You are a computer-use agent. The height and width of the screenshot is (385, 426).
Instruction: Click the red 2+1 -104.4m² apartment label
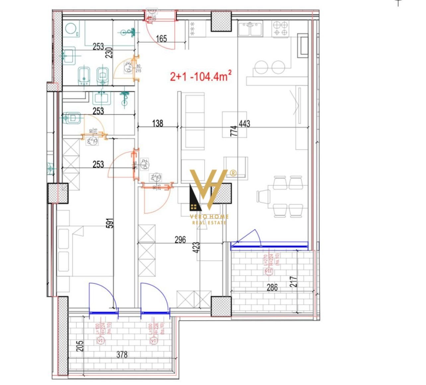click(200, 76)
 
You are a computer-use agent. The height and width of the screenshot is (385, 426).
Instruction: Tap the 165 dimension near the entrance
click(161, 38)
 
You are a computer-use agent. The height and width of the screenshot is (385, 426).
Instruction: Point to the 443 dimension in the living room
click(244, 124)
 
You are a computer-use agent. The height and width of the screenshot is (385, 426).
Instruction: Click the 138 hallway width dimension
click(158, 123)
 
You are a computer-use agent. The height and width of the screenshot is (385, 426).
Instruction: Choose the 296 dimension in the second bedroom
click(180, 240)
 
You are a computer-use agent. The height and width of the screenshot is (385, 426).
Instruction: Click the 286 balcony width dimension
click(272, 287)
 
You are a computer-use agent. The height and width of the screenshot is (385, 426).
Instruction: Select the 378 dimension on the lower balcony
click(122, 354)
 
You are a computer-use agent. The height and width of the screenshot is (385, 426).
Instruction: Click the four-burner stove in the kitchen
click(280, 29)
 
